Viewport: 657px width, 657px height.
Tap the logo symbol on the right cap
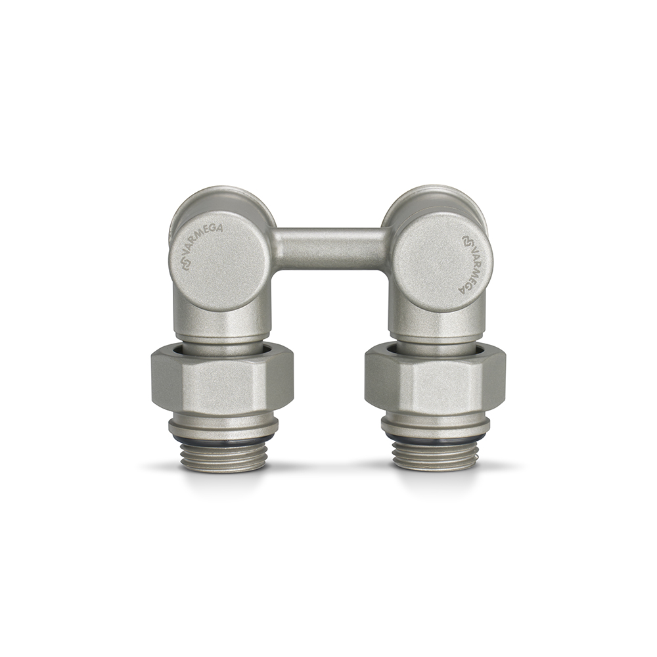[466, 241]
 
